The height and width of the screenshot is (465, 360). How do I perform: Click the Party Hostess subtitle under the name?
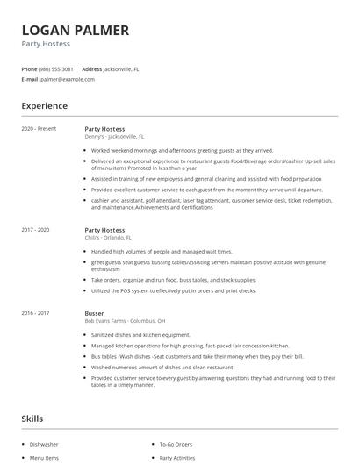click(x=46, y=44)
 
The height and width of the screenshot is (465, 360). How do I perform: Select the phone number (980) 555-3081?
click(x=56, y=68)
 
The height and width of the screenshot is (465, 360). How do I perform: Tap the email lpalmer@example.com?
click(x=67, y=79)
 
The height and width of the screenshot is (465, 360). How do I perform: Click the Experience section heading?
click(x=44, y=106)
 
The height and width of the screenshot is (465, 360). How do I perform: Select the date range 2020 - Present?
click(x=39, y=129)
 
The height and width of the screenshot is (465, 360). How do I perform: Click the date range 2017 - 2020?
click(x=36, y=230)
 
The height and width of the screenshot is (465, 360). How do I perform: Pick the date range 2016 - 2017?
click(x=36, y=311)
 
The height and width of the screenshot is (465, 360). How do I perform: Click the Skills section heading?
click(x=33, y=419)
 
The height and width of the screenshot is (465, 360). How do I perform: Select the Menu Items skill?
click(x=46, y=458)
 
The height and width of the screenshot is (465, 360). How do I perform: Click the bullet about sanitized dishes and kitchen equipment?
click(x=142, y=334)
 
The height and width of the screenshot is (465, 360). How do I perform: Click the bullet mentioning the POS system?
click(x=174, y=290)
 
